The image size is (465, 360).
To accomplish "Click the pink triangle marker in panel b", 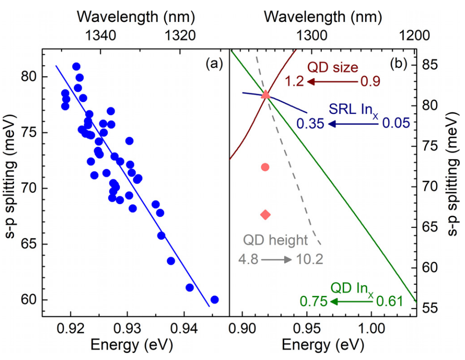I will [x=266, y=95].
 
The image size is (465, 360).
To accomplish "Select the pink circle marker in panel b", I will [x=265, y=167].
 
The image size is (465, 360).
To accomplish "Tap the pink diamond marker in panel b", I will [x=265, y=214].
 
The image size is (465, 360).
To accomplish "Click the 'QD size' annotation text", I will [x=332, y=67].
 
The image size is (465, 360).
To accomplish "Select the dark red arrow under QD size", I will [x=333, y=82].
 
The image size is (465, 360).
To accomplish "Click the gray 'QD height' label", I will [x=275, y=241].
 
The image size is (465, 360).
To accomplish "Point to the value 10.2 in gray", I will [x=310, y=259].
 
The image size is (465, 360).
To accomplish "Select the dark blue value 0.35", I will [x=310, y=124].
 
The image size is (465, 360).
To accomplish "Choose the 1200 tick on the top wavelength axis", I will [x=414, y=35].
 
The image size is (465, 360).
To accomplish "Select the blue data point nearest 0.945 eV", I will [x=214, y=300].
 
